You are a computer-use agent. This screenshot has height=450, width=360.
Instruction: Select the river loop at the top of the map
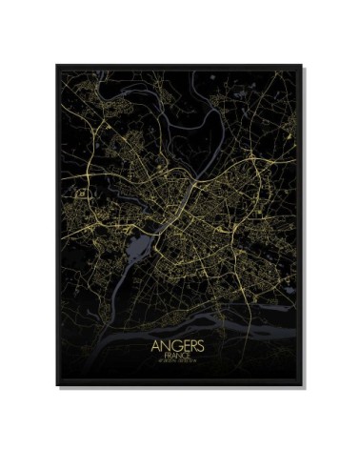pos(190,91)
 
